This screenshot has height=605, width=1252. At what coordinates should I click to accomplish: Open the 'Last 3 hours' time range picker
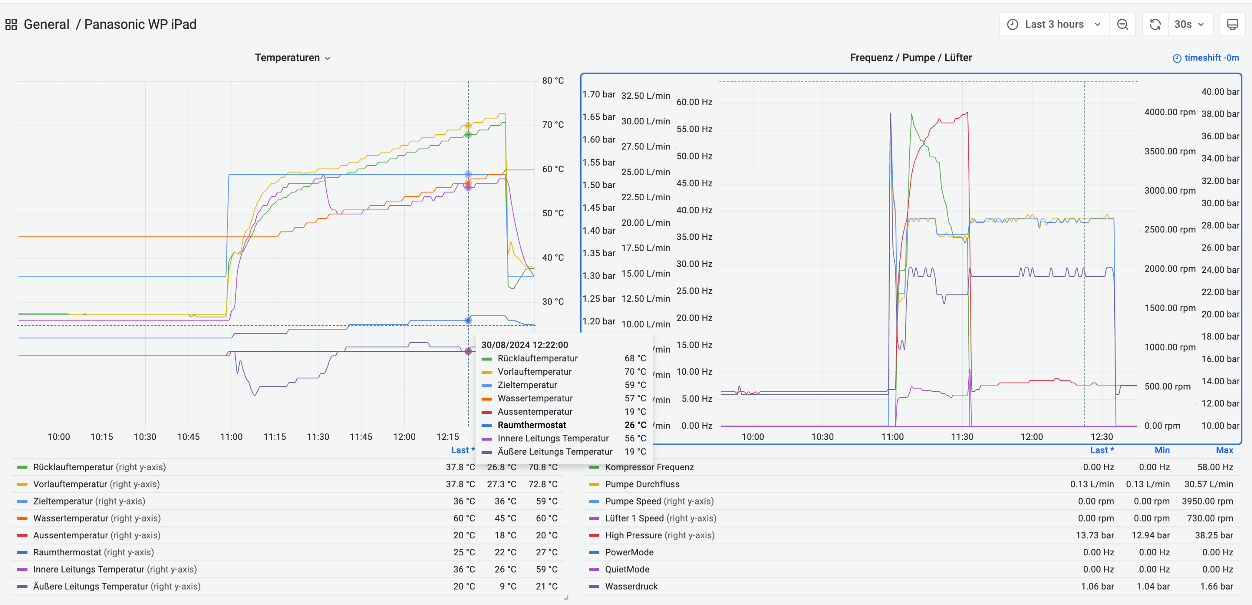pyautogui.click(x=1054, y=24)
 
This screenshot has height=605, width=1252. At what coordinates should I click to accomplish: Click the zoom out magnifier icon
pyautogui.click(x=1122, y=24)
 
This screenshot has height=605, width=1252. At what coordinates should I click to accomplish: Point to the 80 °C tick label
pyautogui.click(x=553, y=81)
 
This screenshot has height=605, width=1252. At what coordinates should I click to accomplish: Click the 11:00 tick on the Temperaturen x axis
pyautogui.click(x=231, y=436)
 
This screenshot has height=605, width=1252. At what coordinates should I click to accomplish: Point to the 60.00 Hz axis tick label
pyautogui.click(x=694, y=102)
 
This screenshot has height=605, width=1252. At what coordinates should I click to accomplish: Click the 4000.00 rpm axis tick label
pyautogui.click(x=1169, y=112)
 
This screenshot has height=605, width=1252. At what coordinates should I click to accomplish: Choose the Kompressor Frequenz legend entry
pyautogui.click(x=649, y=467)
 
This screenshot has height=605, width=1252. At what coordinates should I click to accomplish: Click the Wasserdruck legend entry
pyautogui.click(x=631, y=586)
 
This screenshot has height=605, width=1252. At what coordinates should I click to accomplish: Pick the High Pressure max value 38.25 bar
pyautogui.click(x=1214, y=535)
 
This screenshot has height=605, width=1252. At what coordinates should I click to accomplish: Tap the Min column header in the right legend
pyautogui.click(x=1161, y=450)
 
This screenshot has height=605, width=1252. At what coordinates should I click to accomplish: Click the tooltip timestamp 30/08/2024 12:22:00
pyautogui.click(x=525, y=345)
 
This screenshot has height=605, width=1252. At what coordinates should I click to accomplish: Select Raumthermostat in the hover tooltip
pyautogui.click(x=531, y=425)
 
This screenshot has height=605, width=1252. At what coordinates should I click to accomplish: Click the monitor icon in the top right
pyautogui.click(x=1232, y=24)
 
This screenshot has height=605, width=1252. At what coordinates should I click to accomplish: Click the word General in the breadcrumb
pyautogui.click(x=46, y=24)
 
